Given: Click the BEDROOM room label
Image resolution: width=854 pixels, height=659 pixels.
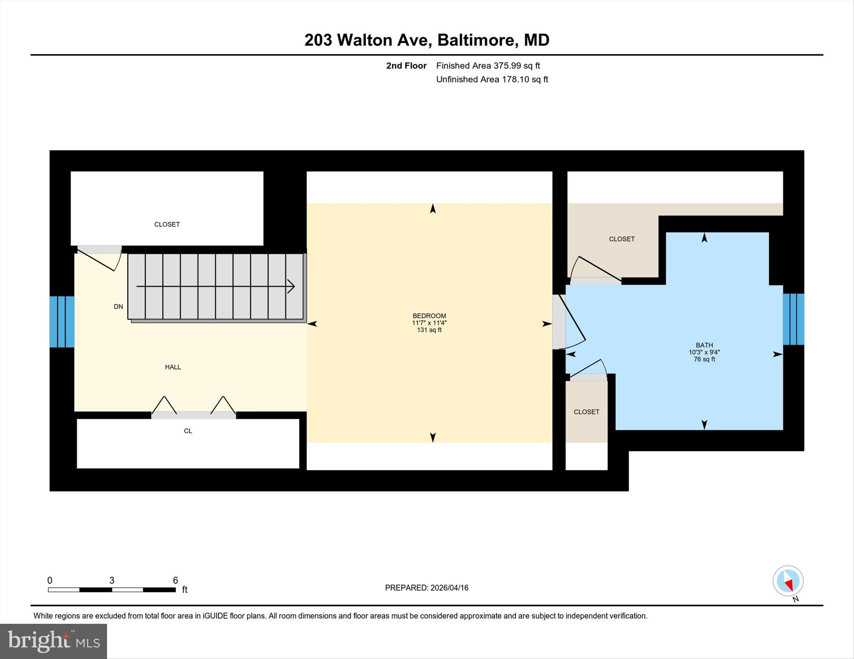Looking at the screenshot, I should (x=429, y=316).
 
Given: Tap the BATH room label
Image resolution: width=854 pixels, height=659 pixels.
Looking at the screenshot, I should (x=704, y=345).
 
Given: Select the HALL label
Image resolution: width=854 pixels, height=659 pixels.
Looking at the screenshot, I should (x=173, y=367).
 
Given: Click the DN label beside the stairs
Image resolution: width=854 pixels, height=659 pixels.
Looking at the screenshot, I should (x=118, y=307).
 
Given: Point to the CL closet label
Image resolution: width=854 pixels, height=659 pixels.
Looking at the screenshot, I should (x=188, y=431).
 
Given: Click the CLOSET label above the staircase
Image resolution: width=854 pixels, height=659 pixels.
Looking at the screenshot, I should (x=167, y=225).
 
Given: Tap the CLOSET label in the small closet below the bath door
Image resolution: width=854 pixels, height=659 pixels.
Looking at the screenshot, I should (x=586, y=412).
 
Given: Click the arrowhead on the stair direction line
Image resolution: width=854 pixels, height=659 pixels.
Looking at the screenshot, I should (x=291, y=286).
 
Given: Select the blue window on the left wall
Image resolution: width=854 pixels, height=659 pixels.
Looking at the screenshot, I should (x=62, y=322).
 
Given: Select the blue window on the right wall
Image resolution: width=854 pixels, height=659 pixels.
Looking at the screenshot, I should (x=793, y=319).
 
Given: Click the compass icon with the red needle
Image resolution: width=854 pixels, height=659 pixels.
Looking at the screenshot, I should (x=788, y=581).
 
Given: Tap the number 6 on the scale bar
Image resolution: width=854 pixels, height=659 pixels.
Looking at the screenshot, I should (x=175, y=580).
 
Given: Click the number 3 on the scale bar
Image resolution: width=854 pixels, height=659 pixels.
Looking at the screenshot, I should (x=112, y=580).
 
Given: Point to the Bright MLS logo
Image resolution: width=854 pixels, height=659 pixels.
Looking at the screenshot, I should (x=53, y=641).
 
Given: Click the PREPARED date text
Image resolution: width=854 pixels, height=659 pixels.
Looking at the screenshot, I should (x=426, y=588).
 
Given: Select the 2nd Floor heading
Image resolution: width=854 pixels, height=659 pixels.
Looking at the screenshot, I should (x=406, y=66).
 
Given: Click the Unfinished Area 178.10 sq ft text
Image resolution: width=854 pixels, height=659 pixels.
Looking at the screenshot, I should (x=492, y=79).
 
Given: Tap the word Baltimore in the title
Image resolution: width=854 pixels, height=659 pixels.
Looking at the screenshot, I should (x=476, y=40).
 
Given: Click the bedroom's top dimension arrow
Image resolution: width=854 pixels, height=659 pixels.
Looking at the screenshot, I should (x=433, y=209).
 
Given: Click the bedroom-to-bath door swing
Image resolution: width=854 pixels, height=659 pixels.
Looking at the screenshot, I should (x=574, y=322).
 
